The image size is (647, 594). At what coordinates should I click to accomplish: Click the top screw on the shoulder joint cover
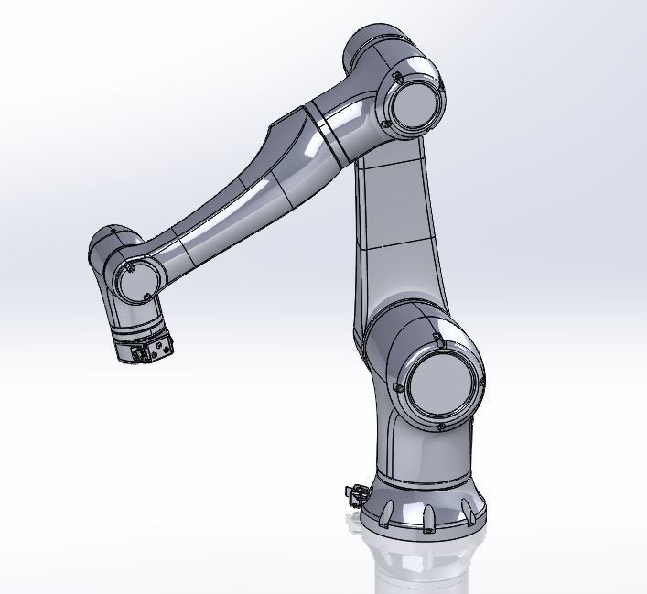click(x=437, y=342)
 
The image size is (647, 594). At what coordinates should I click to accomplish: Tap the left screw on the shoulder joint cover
click(x=400, y=388)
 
